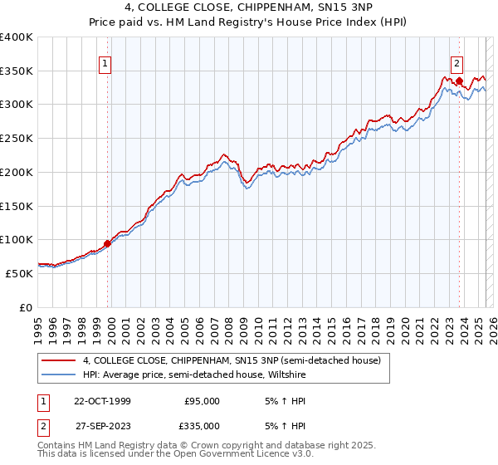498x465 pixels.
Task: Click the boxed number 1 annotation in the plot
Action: tap(106, 61)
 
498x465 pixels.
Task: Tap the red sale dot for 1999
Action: tap(107, 244)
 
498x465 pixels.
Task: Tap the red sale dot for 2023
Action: tap(459, 81)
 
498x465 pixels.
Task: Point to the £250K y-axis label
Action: tap(17, 139)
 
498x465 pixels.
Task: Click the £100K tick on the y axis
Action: tap(17, 239)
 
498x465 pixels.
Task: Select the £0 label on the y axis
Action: tap(25, 306)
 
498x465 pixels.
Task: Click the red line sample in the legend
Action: tap(57, 360)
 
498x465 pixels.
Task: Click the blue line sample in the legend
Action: tap(57, 374)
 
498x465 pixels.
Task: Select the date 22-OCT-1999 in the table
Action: tap(102, 401)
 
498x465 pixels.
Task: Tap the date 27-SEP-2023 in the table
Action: tap(102, 425)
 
